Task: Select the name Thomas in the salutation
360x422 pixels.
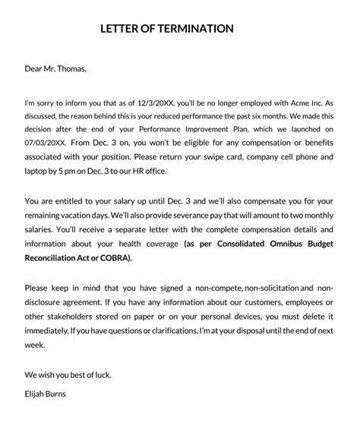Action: [x=69, y=69]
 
